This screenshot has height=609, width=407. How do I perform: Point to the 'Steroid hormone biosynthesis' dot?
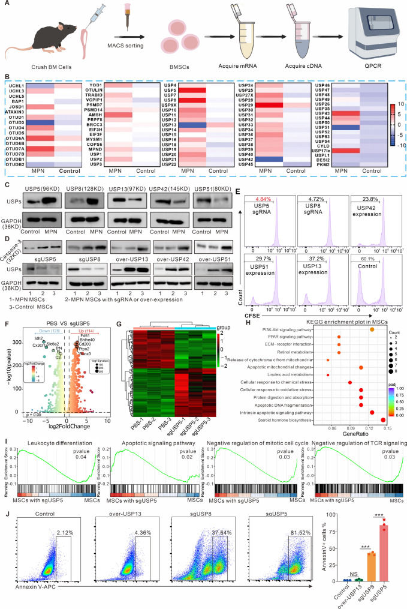tap(383, 437)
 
